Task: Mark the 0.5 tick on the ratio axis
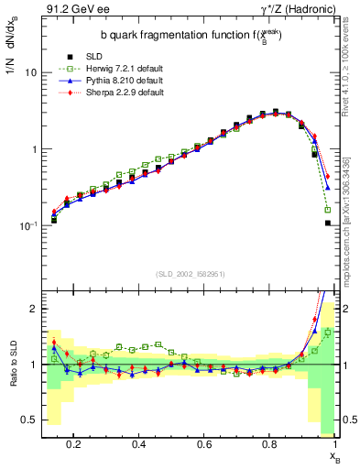[x=31, y=420]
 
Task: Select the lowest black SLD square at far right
[x=327, y=223]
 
